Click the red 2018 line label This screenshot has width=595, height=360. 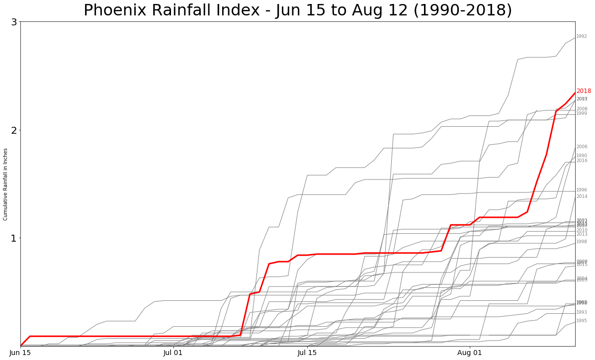(x=584, y=91)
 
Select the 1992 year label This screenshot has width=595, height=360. (x=582, y=36)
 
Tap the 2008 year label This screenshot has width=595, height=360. (x=582, y=109)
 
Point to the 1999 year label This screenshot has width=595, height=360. (x=582, y=113)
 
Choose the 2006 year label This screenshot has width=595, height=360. (x=582, y=147)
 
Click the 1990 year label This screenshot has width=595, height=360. (x=582, y=156)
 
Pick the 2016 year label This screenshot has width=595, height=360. (x=582, y=161)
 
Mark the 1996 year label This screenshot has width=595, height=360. (x=582, y=190)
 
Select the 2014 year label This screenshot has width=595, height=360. (x=582, y=196)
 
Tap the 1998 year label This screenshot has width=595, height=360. (x=582, y=242)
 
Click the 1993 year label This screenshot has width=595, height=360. (x=582, y=312)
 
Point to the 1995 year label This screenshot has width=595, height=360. (x=582, y=321)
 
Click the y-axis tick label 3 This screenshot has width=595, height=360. (x=14, y=22)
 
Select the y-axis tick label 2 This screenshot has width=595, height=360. (x=14, y=130)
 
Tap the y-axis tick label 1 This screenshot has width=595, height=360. (x=14, y=238)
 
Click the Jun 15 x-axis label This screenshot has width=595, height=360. (x=20, y=353)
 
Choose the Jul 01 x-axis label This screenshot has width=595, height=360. (x=173, y=353)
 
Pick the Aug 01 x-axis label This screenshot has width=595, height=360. (x=469, y=353)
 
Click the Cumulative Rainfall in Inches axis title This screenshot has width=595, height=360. (x=5, y=184)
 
